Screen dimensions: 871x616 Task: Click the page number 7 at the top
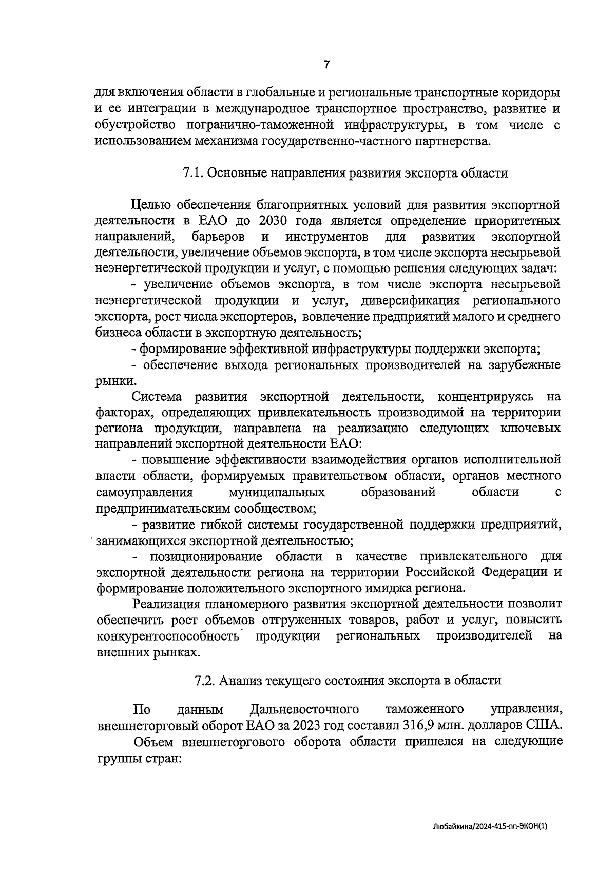click(x=327, y=65)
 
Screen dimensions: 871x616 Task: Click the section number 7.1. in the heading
click(x=194, y=173)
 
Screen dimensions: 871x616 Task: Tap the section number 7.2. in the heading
click(x=205, y=681)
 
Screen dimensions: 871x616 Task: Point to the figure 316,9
click(x=424, y=726)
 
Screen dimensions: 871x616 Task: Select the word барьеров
click(x=219, y=237)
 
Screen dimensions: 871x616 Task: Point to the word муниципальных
click(x=276, y=493)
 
